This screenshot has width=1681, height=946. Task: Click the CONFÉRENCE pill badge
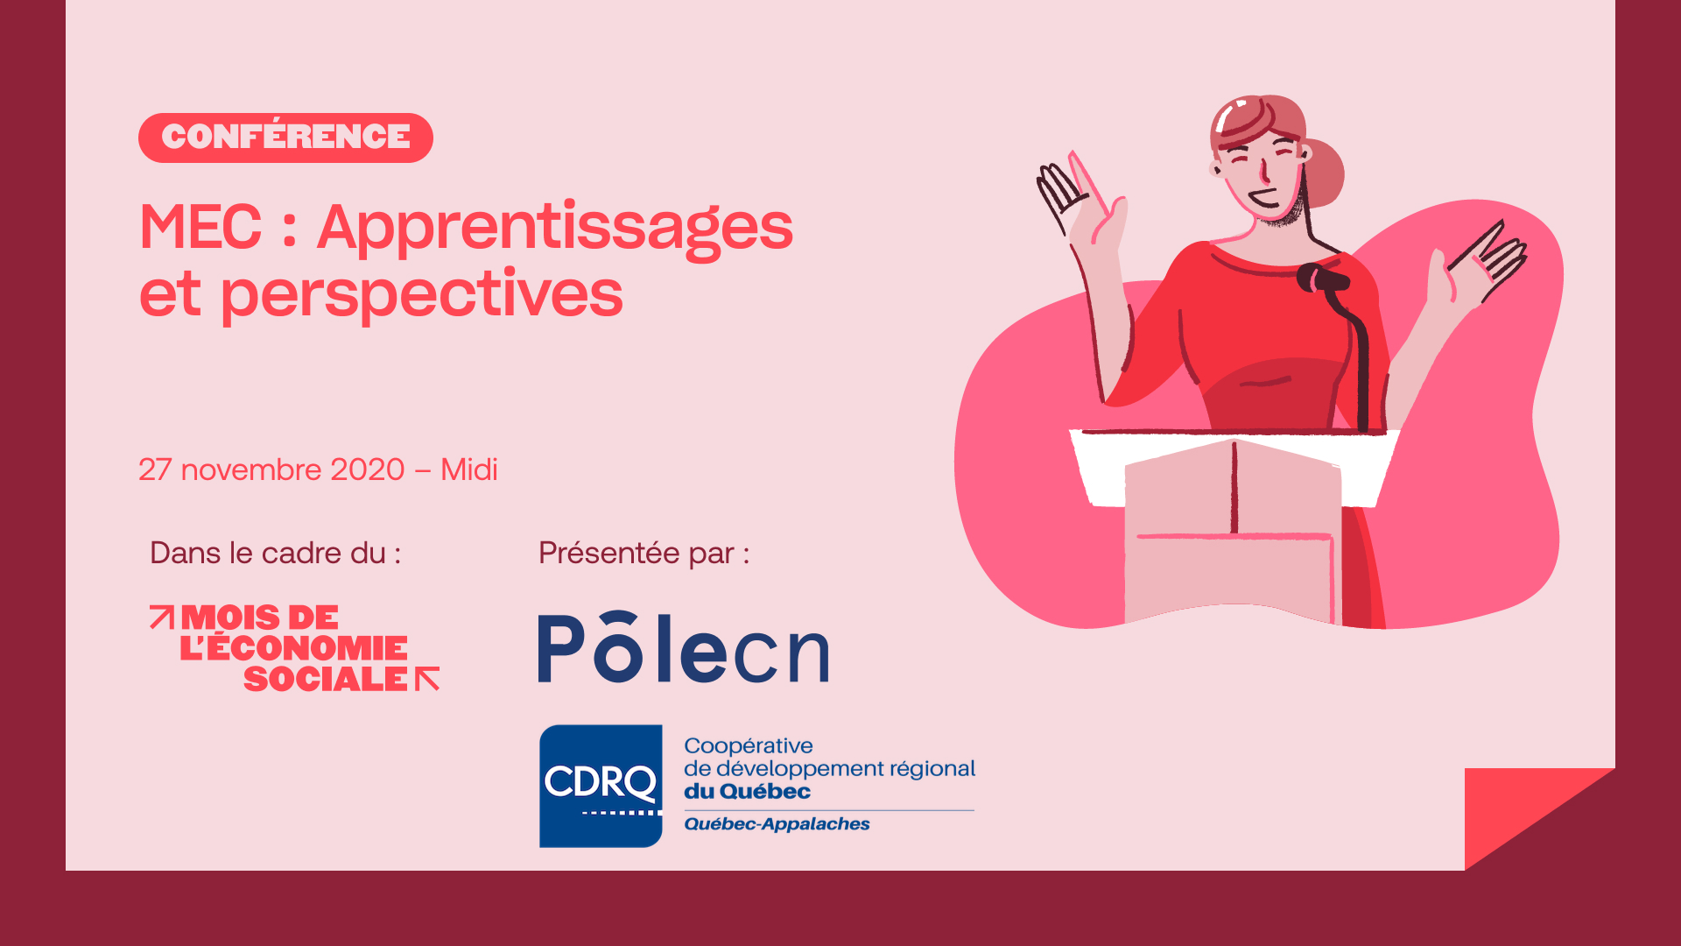point(285,138)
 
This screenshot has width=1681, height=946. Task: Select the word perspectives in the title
point(421,295)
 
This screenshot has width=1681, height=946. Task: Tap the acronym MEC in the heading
point(200,227)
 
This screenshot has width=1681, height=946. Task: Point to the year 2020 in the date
point(368,469)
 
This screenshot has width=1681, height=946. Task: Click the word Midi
point(468,469)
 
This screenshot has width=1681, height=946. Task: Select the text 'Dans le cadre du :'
point(275,553)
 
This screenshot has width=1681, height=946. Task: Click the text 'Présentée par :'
point(644,554)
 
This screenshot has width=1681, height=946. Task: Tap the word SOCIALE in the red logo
point(326,679)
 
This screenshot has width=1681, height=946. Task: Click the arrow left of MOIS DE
point(162,617)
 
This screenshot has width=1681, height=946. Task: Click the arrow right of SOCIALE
point(427,679)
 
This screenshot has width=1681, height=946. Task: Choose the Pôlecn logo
point(683,647)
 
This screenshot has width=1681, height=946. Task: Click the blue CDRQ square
point(601,786)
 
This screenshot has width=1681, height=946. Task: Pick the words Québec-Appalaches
point(777,824)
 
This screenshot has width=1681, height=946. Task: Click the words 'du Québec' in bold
point(747,791)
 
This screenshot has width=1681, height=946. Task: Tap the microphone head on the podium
point(1321,279)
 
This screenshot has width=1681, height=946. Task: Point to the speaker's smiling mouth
point(1264,200)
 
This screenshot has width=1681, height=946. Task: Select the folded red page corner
point(1523,810)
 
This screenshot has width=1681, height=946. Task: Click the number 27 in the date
point(155,469)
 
